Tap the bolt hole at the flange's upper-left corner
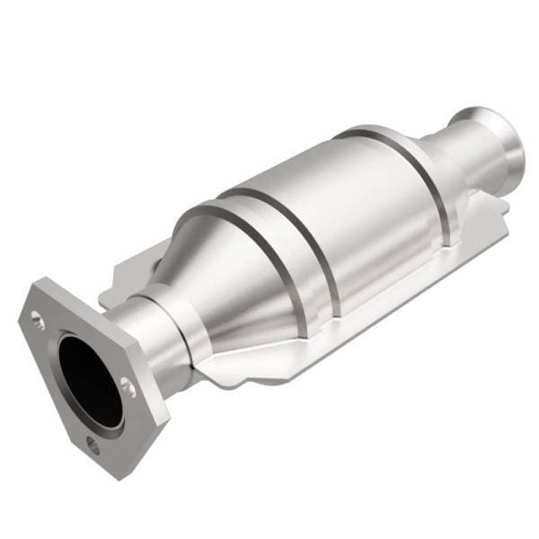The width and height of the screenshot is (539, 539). click(37, 315)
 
